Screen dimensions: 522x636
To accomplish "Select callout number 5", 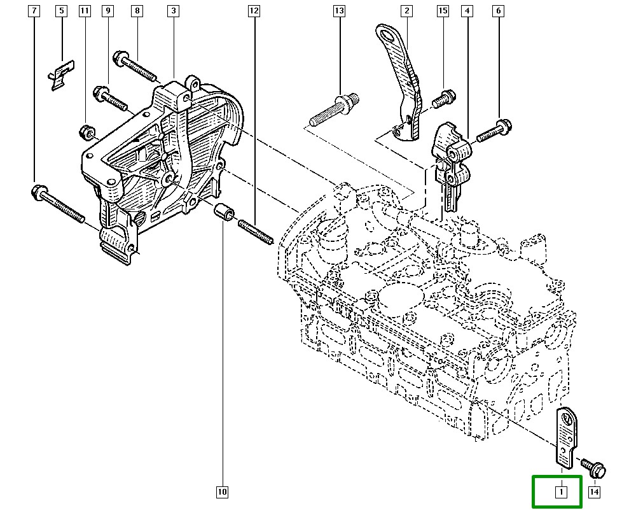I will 61,11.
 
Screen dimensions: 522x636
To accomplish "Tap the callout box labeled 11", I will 85,11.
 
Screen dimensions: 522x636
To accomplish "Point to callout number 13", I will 339,11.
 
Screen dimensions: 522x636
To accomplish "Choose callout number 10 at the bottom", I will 222,491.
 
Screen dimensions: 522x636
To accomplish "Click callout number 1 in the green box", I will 562,491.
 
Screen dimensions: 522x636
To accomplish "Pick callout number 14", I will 594,491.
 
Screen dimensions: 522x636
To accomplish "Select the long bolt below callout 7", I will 57,204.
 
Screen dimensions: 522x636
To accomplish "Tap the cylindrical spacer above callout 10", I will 225,213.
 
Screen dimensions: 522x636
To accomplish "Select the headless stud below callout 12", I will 256,232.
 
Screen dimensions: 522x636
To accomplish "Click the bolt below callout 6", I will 493,130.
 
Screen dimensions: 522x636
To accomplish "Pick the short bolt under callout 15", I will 443,99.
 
